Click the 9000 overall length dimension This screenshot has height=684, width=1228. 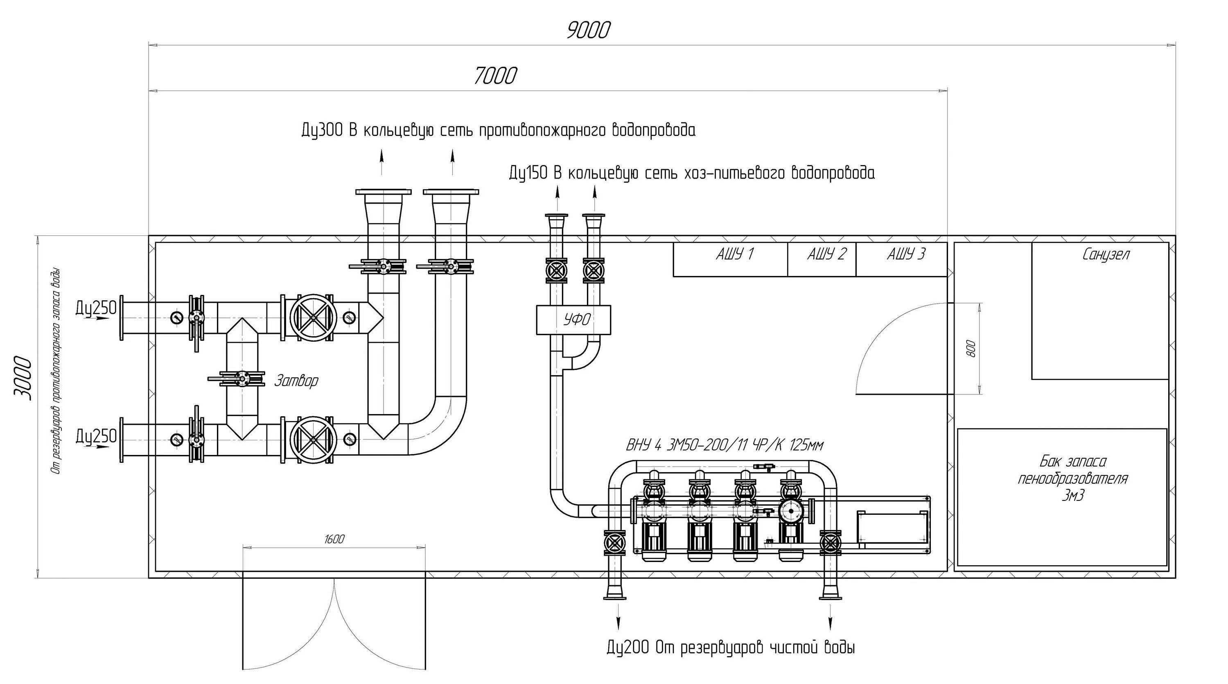[x=588, y=31]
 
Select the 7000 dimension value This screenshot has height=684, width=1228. [x=495, y=76]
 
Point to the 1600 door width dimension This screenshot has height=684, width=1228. [x=334, y=539]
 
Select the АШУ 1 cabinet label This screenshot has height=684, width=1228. [x=735, y=254]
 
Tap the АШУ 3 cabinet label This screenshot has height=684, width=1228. [x=906, y=254]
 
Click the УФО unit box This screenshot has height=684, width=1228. [x=573, y=319]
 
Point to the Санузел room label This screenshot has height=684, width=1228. [x=1106, y=255]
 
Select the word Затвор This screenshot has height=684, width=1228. [x=296, y=381]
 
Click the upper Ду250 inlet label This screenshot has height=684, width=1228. [x=96, y=308]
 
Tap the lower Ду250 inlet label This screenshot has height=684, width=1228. [x=96, y=435]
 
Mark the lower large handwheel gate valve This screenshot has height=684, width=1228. [x=313, y=439]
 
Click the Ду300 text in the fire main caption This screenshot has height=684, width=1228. [x=322, y=130]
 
